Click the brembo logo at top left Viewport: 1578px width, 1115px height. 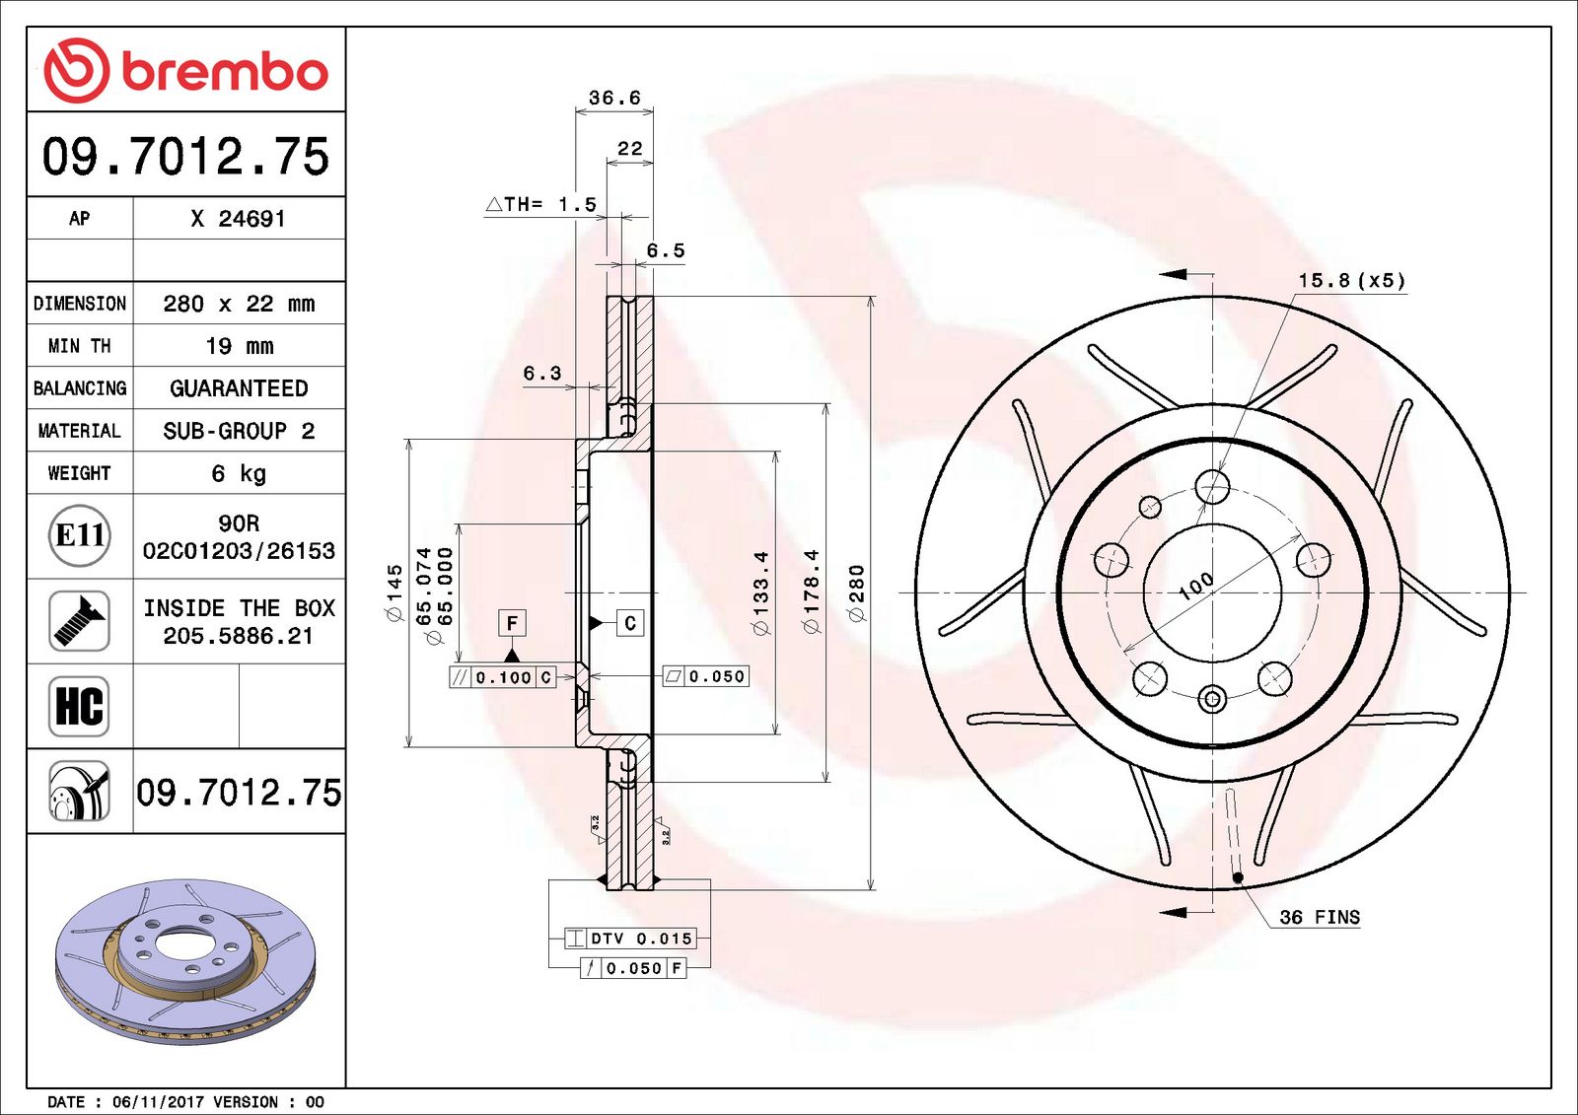pyautogui.click(x=185, y=71)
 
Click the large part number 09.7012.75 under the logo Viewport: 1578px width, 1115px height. pyautogui.click(x=185, y=157)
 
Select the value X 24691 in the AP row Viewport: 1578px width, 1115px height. pyautogui.click(x=238, y=219)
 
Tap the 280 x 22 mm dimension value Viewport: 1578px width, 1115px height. pyautogui.click(x=239, y=304)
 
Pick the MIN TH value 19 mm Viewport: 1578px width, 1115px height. pyautogui.click(x=239, y=346)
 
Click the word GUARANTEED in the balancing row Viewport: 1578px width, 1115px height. pyautogui.click(x=239, y=388)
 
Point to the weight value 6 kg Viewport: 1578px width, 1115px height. pyautogui.click(x=239, y=473)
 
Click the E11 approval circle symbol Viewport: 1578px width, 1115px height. pyautogui.click(x=79, y=535)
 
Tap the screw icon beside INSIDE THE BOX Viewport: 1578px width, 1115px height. pyautogui.click(x=79, y=620)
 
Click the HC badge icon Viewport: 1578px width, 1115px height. pyautogui.click(x=79, y=706)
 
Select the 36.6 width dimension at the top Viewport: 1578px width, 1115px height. pyautogui.click(x=613, y=98)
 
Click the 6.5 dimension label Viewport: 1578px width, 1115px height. pyautogui.click(x=665, y=250)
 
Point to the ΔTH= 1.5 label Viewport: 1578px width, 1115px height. pyautogui.click(x=541, y=204)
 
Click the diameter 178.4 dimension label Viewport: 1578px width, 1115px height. pyautogui.click(x=811, y=592)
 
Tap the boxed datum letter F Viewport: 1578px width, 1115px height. pyautogui.click(x=511, y=623)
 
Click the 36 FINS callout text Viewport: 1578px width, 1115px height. pyautogui.click(x=1319, y=917)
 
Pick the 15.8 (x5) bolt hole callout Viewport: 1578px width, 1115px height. pyautogui.click(x=1351, y=280)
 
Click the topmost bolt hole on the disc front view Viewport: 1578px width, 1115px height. pyautogui.click(x=1212, y=486)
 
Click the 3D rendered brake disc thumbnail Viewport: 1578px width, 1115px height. pyautogui.click(x=185, y=961)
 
